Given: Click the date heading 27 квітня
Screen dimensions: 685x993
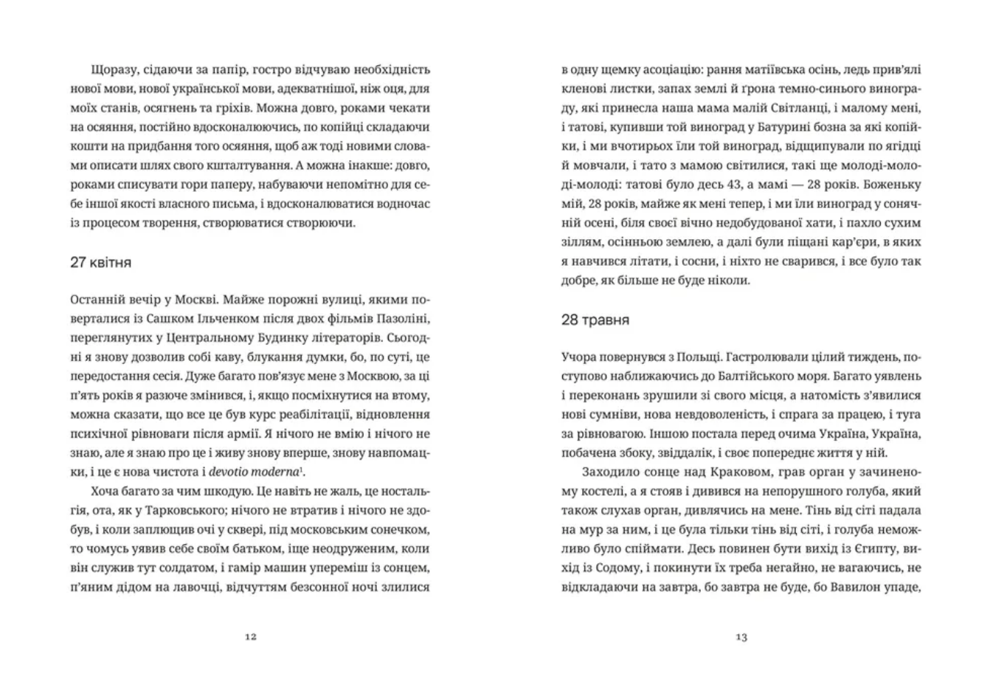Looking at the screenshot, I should point(100,263).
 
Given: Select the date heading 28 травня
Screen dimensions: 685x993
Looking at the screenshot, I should point(595,320).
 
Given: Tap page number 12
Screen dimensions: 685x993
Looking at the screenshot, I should point(250,636).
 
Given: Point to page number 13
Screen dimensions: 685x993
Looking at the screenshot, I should point(741,636).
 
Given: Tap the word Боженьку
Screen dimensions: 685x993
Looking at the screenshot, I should point(890,185).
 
